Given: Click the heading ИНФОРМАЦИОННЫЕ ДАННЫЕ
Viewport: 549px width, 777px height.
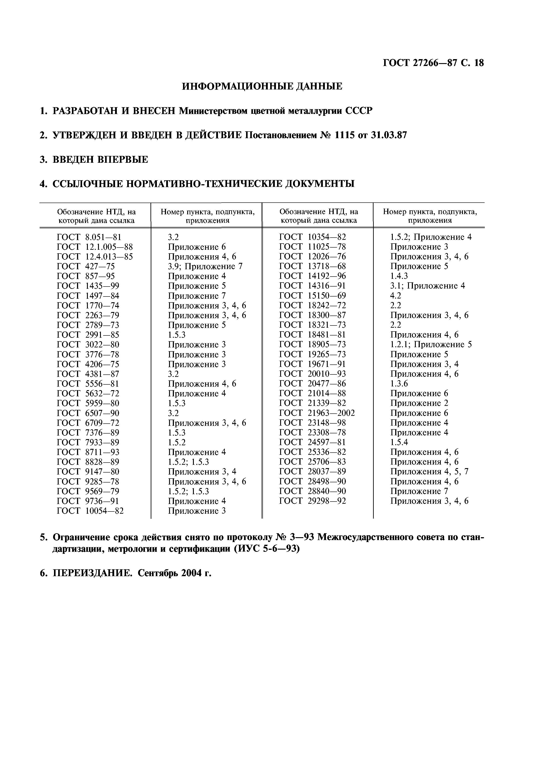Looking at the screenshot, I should [262, 87].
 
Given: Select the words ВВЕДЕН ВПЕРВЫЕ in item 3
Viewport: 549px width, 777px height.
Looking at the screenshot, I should [100, 160].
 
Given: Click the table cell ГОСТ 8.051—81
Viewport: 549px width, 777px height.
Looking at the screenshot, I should [89, 237].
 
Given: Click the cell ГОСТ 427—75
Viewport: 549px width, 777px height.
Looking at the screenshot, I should [86, 267].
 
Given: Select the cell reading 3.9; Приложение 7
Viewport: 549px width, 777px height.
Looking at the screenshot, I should [205, 267].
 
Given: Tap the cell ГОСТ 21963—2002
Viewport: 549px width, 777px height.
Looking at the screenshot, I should [317, 413].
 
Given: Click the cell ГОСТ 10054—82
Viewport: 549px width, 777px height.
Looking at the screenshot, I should [90, 511].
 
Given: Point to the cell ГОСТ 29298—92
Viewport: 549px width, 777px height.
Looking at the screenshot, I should [312, 501].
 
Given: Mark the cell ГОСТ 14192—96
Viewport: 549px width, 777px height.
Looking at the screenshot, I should [312, 276].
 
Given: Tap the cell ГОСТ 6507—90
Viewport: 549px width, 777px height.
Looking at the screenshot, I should [88, 413].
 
